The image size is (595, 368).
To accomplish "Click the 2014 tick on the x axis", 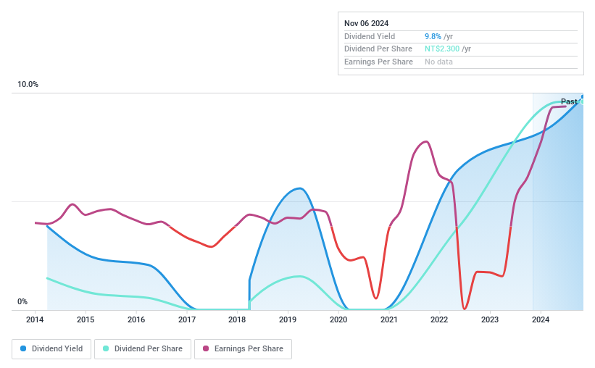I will coord(35,319).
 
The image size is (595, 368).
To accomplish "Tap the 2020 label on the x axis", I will coord(338,319).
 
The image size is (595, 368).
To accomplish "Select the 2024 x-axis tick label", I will coord(541,319).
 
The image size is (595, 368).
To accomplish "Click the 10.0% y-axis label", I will coord(28,85).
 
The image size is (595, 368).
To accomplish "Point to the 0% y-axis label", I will coord(22,302).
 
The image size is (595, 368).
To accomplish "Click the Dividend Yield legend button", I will coord(51,348).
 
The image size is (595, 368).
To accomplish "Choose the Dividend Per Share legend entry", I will coord(142,348).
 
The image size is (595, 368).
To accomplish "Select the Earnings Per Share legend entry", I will coord(243,348).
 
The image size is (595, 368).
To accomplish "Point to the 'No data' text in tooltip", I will coord(439,62).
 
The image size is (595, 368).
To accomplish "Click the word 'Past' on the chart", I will coord(569,102).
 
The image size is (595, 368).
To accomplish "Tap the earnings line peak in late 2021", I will coord(426,141).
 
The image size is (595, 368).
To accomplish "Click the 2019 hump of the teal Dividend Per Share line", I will coord(298,276).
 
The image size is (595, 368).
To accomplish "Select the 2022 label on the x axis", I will coord(439,319).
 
